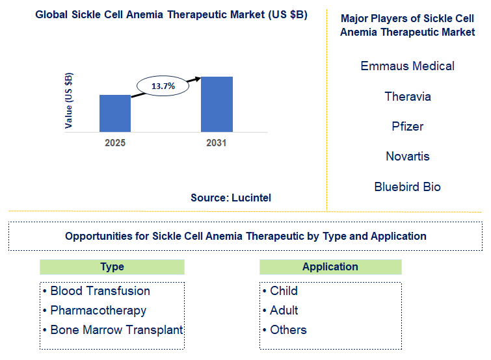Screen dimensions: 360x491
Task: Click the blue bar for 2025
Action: tap(115, 113)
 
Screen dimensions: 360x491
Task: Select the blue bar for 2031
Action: tap(217, 104)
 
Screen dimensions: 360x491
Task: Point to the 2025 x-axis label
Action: tap(115, 142)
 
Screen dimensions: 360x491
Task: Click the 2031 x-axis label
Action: tap(216, 142)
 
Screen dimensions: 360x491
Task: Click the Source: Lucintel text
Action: tap(231, 198)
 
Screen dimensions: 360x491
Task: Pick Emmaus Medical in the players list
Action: tap(408, 66)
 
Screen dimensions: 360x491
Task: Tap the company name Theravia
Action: tap(408, 96)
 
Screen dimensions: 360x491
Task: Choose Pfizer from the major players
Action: tap(408, 126)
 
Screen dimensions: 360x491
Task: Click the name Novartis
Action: tap(408, 156)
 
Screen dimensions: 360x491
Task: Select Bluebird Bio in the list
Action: tap(408, 186)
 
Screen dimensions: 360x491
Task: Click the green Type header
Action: tap(112, 266)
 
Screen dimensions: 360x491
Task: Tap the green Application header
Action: tap(330, 266)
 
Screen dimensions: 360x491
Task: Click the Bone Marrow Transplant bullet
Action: tap(113, 329)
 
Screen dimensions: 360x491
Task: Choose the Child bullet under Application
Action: tap(280, 290)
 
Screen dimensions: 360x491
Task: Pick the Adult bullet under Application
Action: tap(280, 310)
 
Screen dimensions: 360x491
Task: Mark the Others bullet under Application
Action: tap(284, 329)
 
